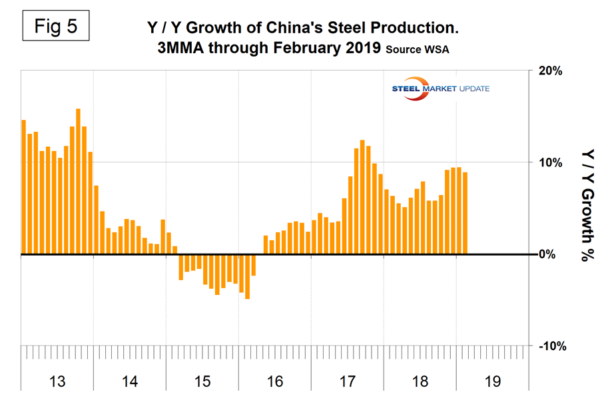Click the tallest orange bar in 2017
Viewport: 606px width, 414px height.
tap(362, 197)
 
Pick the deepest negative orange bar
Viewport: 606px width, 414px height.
tap(247, 276)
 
